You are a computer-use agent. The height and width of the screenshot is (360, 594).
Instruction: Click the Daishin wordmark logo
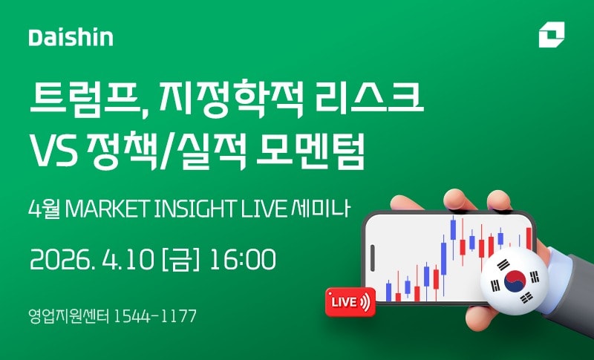point(71,37)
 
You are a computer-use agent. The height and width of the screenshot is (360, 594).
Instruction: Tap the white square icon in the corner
point(552,35)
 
